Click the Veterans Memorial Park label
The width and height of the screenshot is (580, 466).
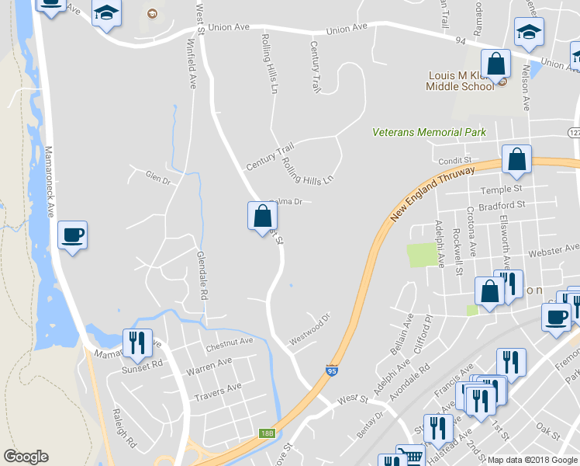429,132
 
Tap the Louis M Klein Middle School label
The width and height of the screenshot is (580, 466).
459,81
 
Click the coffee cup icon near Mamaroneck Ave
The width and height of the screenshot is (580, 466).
73,234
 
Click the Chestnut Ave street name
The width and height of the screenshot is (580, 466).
230,341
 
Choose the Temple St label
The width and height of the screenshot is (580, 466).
506,190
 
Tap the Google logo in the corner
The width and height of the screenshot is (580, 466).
26,457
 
